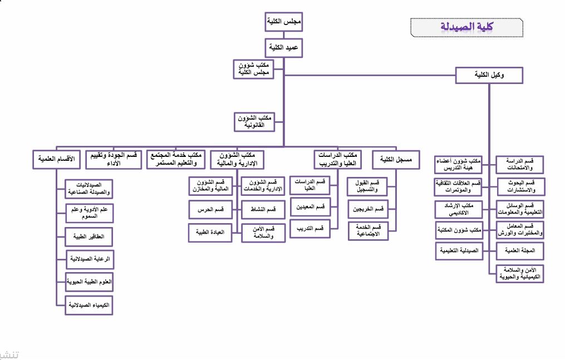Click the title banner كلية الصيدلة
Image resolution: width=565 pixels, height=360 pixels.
click(467, 26)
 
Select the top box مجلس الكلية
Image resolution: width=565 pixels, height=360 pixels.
click(284, 23)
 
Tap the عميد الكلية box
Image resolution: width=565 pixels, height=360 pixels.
click(284, 48)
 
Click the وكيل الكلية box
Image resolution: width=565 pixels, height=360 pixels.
click(489, 75)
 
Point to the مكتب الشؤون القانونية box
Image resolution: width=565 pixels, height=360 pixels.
click(255, 122)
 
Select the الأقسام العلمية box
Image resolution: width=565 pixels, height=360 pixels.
click(57, 159)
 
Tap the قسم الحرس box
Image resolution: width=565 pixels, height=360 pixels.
click(210, 209)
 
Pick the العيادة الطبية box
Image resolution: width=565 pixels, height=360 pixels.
click(210, 232)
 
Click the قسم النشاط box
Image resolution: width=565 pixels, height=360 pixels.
click(263, 209)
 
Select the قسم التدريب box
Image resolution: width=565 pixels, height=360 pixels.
click(310, 228)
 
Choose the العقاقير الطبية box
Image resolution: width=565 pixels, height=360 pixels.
click(89, 236)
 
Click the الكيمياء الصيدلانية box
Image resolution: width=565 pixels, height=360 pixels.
click(89, 305)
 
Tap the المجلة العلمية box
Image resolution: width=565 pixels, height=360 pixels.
click(520, 251)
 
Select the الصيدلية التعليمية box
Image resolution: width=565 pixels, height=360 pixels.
click(458, 251)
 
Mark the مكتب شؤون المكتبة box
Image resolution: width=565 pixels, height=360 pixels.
click(458, 230)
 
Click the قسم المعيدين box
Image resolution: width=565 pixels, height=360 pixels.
click(310, 207)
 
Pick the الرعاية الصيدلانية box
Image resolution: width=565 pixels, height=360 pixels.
click(89, 259)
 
